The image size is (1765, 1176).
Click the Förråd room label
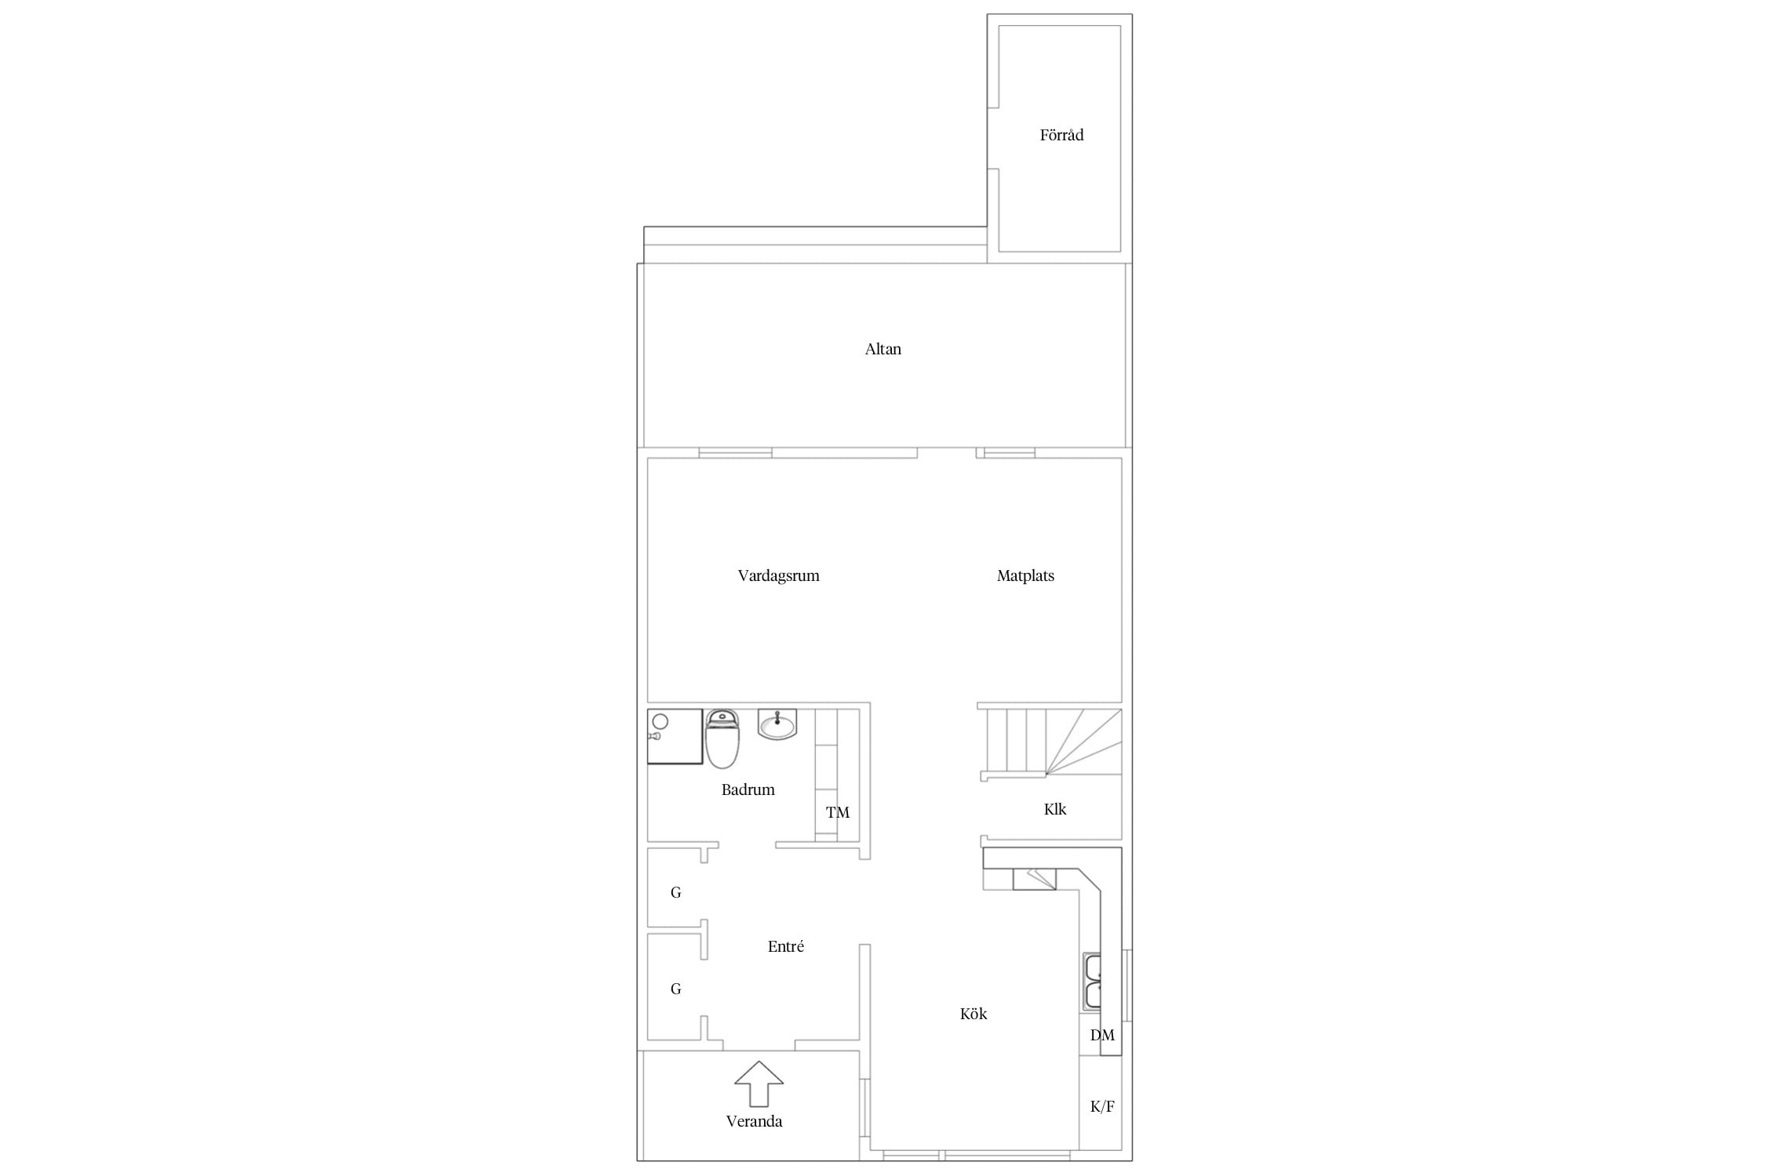1061,135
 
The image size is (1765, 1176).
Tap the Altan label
883,349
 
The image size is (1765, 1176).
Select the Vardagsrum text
778,576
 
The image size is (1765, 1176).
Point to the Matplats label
1025,576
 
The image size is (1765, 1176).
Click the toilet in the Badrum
722,739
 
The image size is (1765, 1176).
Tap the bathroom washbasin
777,724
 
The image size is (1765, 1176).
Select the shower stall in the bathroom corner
675,736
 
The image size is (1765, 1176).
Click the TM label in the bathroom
838,812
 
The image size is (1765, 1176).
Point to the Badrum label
748,789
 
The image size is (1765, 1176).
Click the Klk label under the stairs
1055,809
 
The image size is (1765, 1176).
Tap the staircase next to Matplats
1052,742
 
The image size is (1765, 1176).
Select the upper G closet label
675,892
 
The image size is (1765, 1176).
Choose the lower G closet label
675,989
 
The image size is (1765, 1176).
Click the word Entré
785,946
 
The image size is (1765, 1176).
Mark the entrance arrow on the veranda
759,1083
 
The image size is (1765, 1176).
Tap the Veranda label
754,1121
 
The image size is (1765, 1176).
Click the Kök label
973,1014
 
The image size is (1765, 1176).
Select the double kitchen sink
1092,981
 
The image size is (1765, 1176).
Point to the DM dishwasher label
1102,1035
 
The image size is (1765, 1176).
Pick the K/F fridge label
1102,1106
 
